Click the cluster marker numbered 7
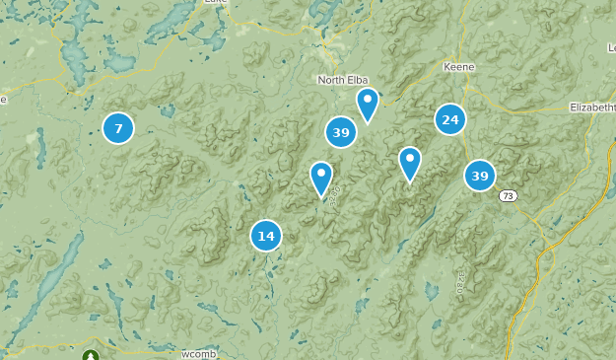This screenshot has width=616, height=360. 118,127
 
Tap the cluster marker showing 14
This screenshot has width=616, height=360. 265,236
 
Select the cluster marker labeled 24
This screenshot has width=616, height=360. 449,120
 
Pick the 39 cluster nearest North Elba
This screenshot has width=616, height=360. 341,132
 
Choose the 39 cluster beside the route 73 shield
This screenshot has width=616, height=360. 480,176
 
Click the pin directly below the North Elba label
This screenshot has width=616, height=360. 368,105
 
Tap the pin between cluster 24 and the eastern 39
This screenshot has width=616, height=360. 409,164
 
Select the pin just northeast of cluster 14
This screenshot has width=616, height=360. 320,180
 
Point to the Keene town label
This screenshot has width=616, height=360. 458,66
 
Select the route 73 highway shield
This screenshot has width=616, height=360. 507,196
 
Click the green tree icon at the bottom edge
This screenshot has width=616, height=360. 91,355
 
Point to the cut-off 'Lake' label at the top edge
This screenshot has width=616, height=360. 215,3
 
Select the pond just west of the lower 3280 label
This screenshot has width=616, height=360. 431,292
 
